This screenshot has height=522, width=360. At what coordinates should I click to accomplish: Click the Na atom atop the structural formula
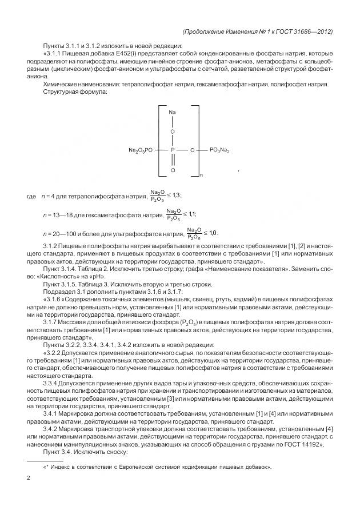pyautogui.click(x=172, y=112)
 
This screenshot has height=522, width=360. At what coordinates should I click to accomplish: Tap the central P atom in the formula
pyautogui.click(x=173, y=150)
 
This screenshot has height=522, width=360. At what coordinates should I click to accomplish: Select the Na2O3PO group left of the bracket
pyautogui.click(x=141, y=150)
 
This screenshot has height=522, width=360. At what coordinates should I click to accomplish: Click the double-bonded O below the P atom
pyautogui.click(x=173, y=170)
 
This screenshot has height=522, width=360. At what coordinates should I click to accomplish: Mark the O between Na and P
pyautogui.click(x=173, y=131)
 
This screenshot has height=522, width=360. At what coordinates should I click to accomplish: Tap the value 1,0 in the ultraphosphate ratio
pyautogui.click(x=213, y=233)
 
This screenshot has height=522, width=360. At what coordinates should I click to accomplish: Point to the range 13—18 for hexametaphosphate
pyautogui.click(x=59, y=214)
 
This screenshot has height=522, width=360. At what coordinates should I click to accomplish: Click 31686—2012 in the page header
pyautogui.click(x=309, y=31)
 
